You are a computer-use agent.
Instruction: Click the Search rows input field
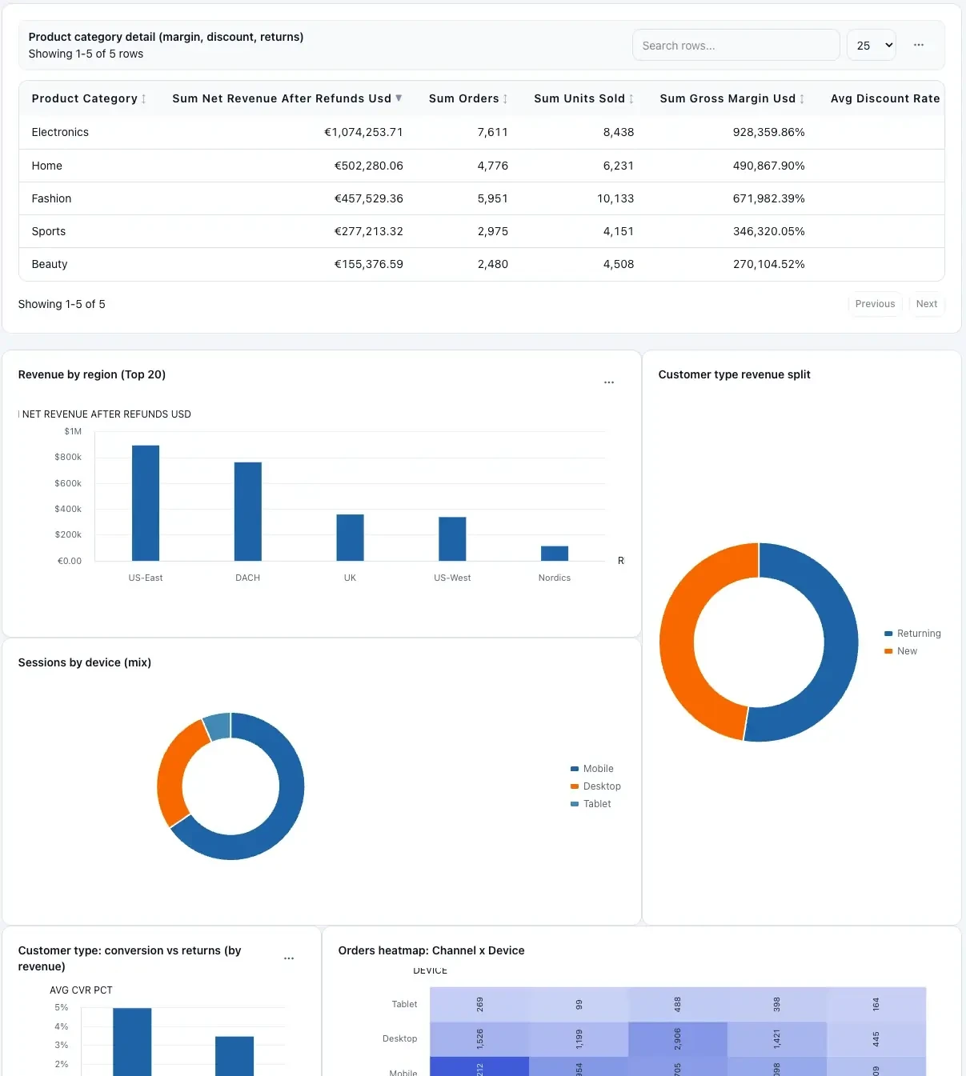pyautogui.click(x=735, y=46)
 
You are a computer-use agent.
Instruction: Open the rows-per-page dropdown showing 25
pyautogui.click(x=871, y=46)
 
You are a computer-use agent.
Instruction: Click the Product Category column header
pyautogui.click(x=84, y=98)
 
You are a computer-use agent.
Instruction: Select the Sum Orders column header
pyautogui.click(x=463, y=98)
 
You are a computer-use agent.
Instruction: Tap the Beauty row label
pyautogui.click(x=50, y=264)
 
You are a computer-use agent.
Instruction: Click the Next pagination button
pyautogui.click(x=926, y=304)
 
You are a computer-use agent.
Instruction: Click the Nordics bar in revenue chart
pyautogui.click(x=555, y=553)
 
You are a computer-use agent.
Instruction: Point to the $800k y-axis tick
pyautogui.click(x=68, y=457)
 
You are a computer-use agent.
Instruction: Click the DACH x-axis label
pyautogui.click(x=247, y=578)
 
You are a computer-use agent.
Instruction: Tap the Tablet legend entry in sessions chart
pyautogui.click(x=596, y=804)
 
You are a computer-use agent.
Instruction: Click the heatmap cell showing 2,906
pyautogui.click(x=677, y=1038)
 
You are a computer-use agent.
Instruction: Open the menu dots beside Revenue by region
pyautogui.click(x=609, y=382)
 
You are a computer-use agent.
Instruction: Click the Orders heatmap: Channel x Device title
pyautogui.click(x=431, y=950)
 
